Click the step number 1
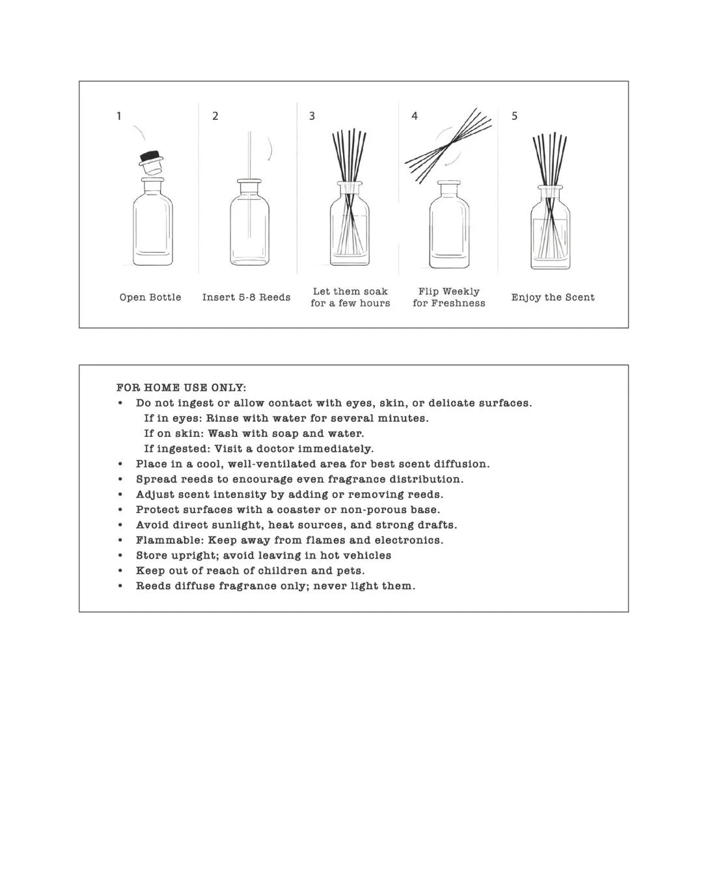(x=118, y=116)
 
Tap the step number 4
(x=415, y=116)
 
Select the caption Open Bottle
(x=150, y=298)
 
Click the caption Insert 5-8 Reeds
(x=246, y=298)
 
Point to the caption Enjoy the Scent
(x=553, y=298)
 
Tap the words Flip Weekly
(x=449, y=292)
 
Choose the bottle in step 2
(x=249, y=225)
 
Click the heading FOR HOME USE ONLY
(x=182, y=388)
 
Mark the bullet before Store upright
(x=120, y=555)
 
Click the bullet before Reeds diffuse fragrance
(x=120, y=586)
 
